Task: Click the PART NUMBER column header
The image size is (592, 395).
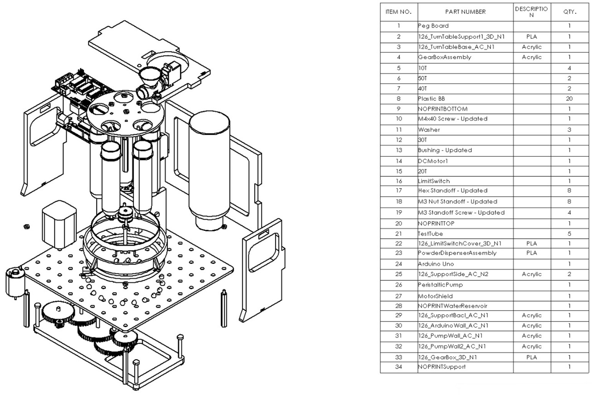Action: pyautogui.click(x=465, y=12)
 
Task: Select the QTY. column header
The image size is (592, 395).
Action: pyautogui.click(x=569, y=12)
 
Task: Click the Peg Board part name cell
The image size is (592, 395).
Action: pyautogui.click(x=433, y=26)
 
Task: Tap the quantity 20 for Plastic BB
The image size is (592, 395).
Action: pyautogui.click(x=569, y=99)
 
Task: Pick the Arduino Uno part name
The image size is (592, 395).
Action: pyautogui.click(x=436, y=264)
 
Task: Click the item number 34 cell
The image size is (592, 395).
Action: pyautogui.click(x=399, y=367)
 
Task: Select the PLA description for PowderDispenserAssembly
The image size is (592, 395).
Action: pyautogui.click(x=531, y=253)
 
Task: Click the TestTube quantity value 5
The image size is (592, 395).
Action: pyautogui.click(x=569, y=234)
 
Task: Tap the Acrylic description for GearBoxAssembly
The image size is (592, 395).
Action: pyautogui.click(x=531, y=57)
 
